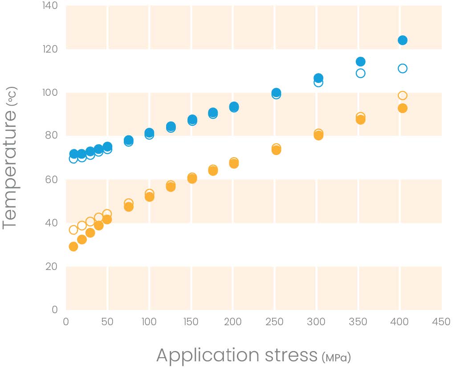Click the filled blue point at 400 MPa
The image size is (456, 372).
(x=403, y=41)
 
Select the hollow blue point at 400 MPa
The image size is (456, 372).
(x=403, y=68)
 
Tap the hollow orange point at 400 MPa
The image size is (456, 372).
(x=403, y=96)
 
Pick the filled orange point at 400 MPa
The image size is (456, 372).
(x=403, y=108)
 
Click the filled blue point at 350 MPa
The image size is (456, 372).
(x=361, y=61)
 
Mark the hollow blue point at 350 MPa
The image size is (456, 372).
(x=361, y=73)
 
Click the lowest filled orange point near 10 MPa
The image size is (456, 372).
(x=73, y=246)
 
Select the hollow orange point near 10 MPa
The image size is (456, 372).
(x=73, y=230)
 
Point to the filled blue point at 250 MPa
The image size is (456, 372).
(x=276, y=93)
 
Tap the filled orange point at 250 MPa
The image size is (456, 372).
(x=276, y=150)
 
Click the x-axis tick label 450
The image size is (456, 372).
(x=441, y=322)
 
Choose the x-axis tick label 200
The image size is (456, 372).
(x=233, y=322)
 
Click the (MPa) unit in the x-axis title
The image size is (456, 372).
(x=336, y=357)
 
